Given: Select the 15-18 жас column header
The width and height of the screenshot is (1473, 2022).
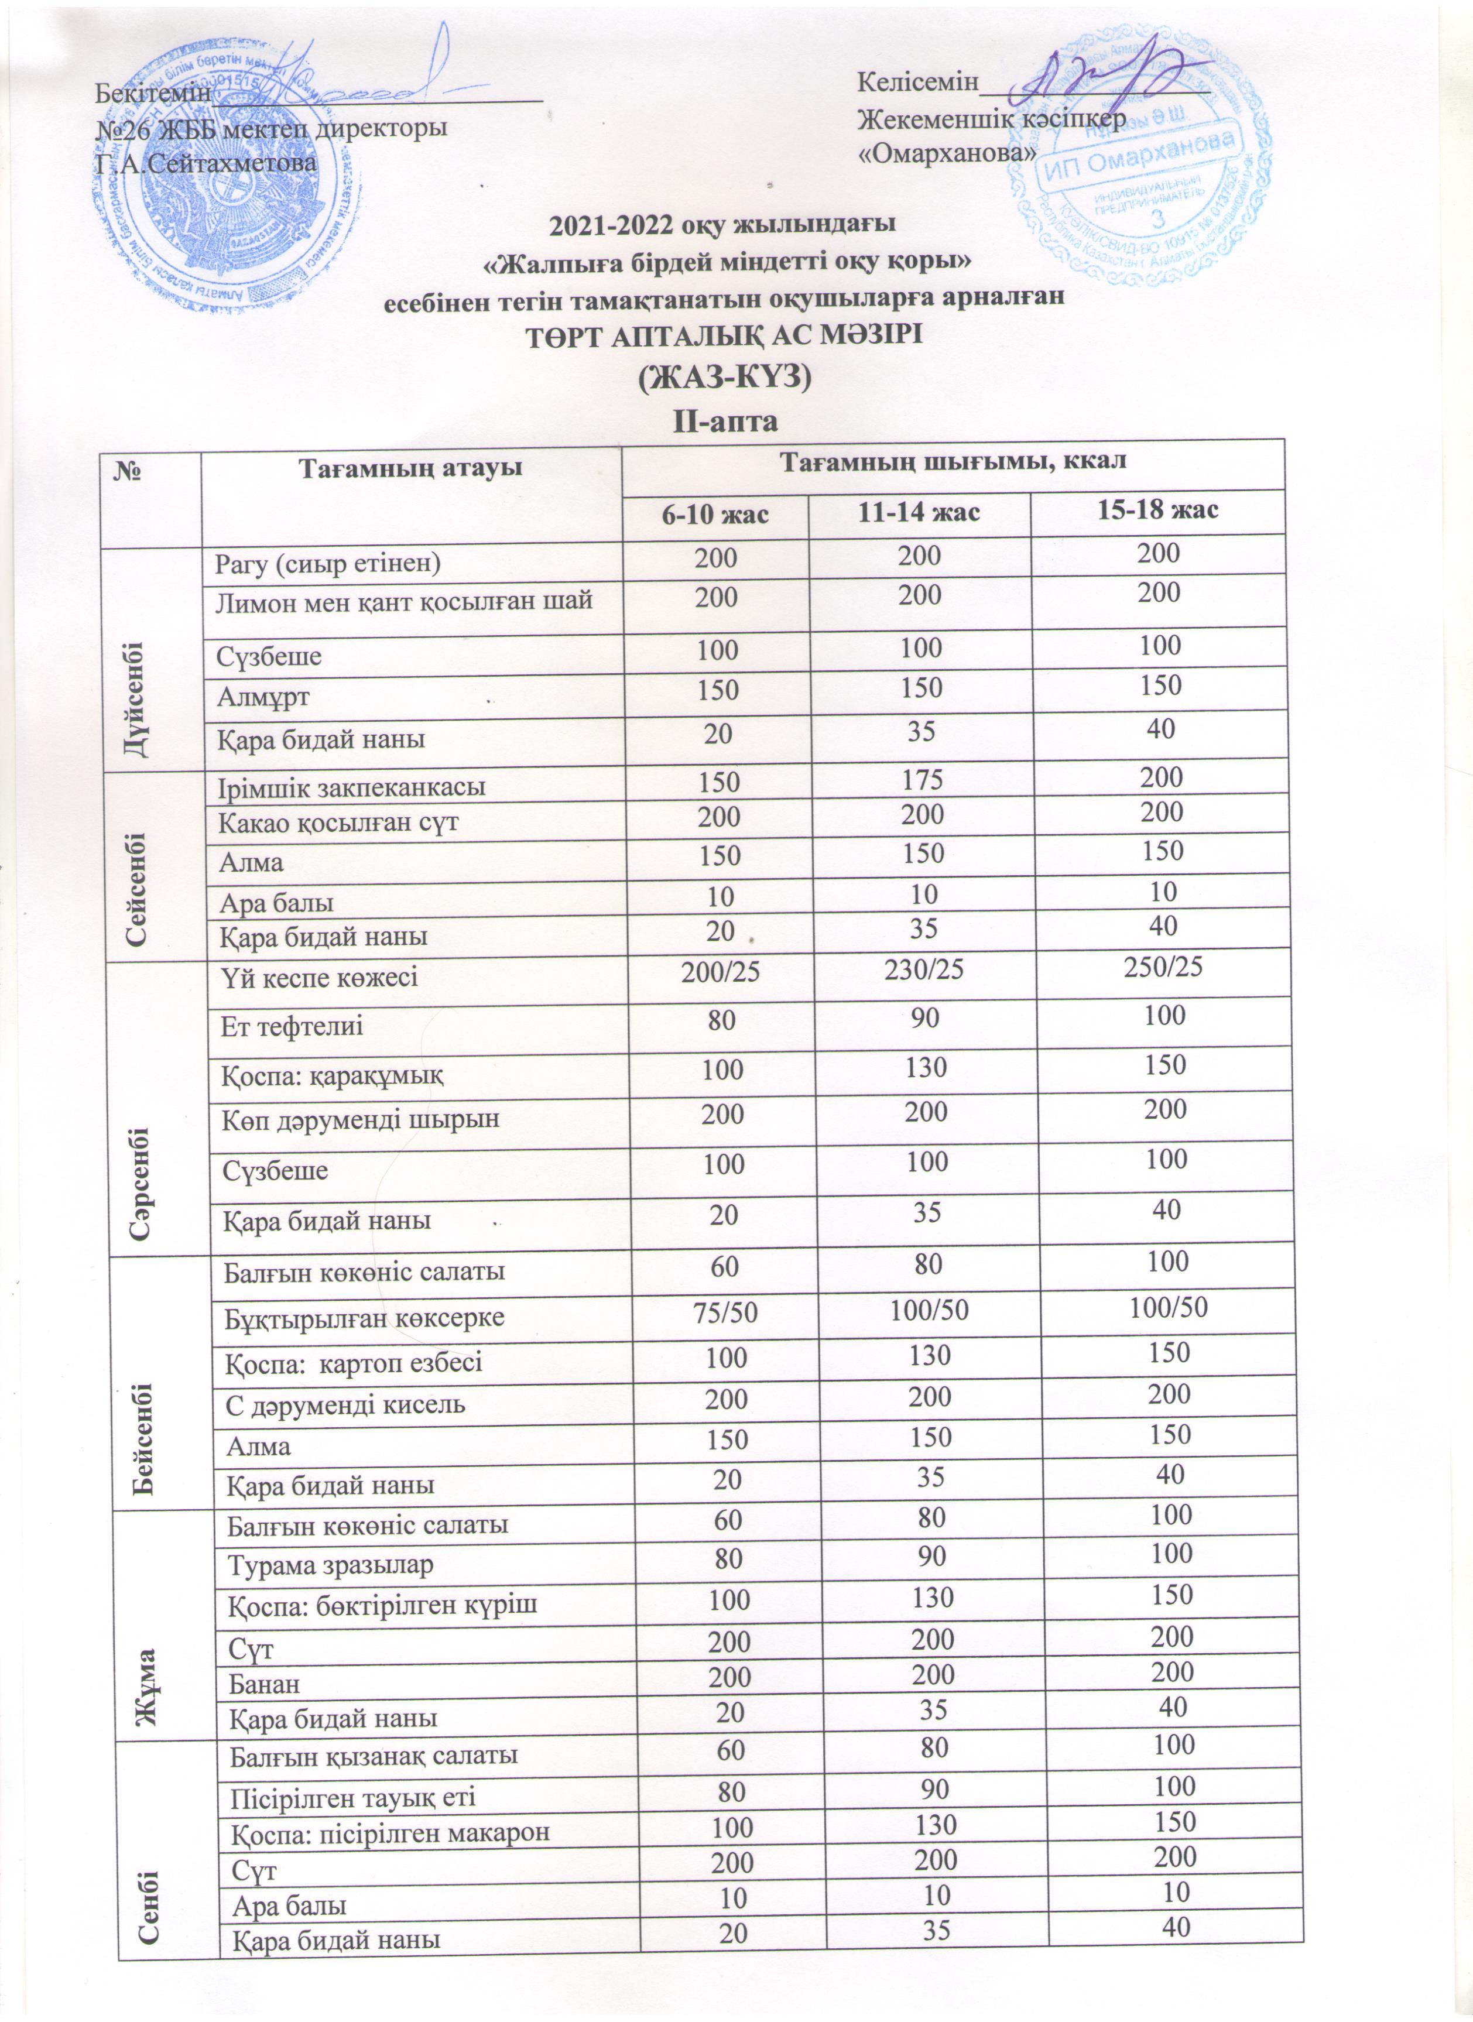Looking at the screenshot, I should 1156,511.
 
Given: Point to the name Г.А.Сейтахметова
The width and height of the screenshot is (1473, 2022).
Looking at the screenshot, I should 206,163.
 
